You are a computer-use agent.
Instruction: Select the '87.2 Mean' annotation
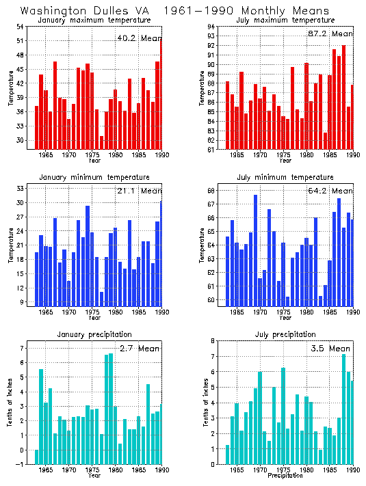tap(332, 33)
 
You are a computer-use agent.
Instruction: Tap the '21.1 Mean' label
tap(139, 191)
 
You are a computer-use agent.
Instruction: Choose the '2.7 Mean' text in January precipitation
tap(139, 349)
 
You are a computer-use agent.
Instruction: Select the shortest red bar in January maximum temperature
tap(101, 141)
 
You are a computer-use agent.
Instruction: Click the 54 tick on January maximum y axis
tap(20, 27)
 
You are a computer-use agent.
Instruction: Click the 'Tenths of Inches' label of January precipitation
tap(10, 403)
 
